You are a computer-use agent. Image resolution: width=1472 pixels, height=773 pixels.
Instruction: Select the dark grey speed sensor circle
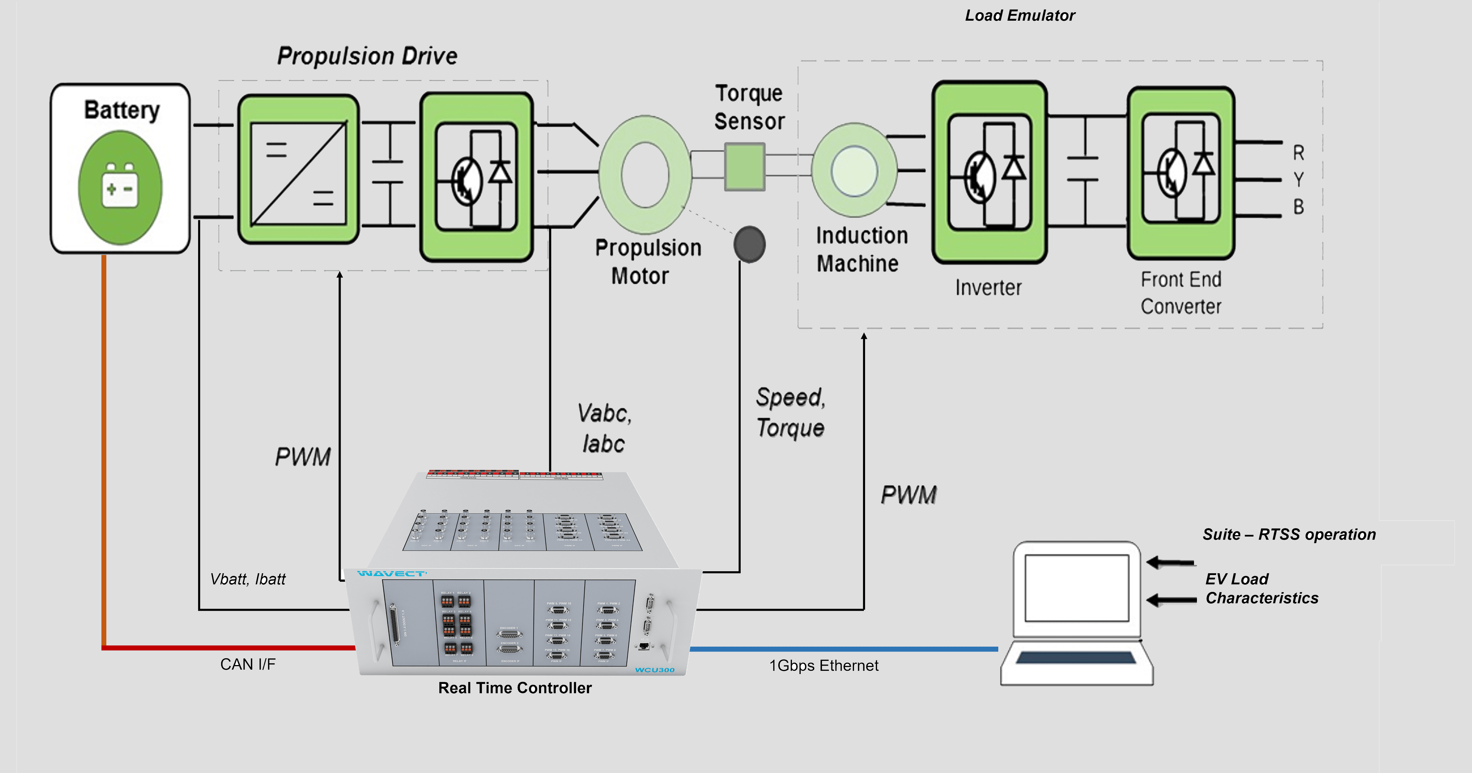749,244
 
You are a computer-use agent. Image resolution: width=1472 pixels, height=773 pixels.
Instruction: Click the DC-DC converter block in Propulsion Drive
298,169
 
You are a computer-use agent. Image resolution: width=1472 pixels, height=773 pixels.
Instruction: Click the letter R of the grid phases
1298,153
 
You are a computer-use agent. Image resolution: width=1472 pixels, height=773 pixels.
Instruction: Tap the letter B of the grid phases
1298,207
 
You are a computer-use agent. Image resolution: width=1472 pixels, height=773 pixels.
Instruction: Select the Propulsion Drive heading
367,56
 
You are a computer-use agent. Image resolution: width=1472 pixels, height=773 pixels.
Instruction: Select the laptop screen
1077,588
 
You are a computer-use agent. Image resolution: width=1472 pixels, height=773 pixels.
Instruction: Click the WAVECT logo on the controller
391,573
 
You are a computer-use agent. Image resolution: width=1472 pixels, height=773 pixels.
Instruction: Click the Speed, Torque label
791,412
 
